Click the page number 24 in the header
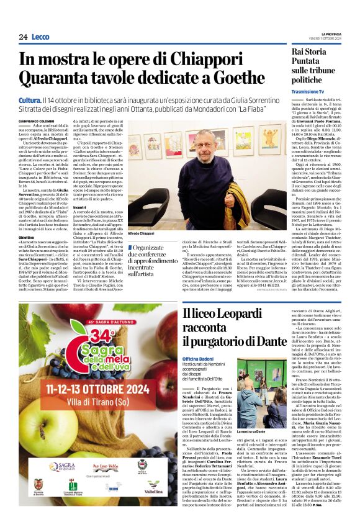pyautogui.click(x=23, y=37)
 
